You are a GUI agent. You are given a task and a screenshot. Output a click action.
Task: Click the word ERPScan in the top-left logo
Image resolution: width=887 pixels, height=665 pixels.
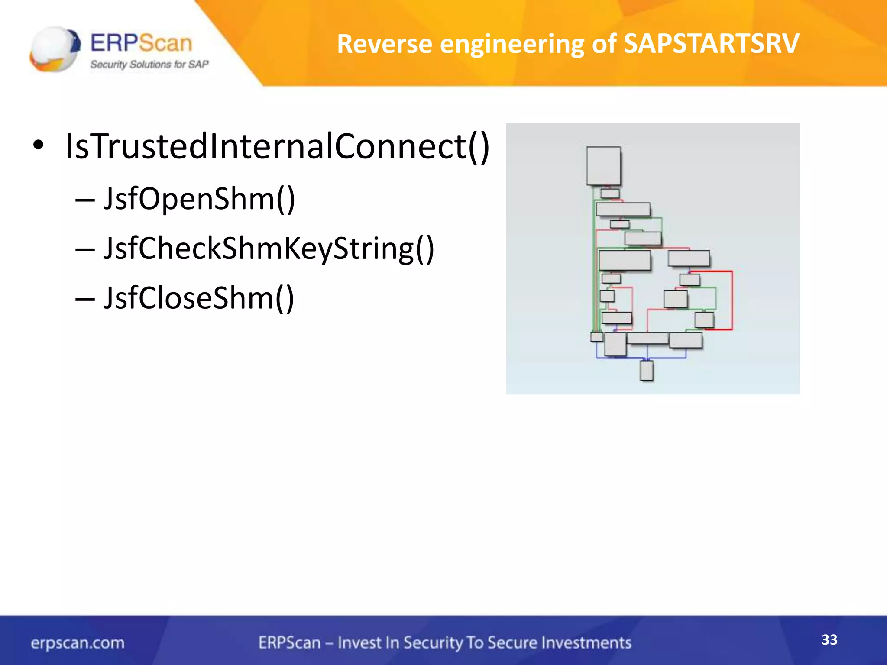pos(141,43)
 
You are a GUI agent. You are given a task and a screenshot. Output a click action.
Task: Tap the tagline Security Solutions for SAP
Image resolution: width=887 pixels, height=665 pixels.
pos(149,65)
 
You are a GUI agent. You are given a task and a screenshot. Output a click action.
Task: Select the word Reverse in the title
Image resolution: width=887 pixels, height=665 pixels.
pos(384,44)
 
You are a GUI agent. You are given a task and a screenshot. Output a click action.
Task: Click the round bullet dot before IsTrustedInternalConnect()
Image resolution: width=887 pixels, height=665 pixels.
pos(38,146)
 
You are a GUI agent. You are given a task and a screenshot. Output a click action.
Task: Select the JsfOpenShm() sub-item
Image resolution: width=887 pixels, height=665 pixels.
pos(199,199)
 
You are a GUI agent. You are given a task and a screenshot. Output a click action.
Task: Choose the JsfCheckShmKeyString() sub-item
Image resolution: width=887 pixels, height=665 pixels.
pos(269,249)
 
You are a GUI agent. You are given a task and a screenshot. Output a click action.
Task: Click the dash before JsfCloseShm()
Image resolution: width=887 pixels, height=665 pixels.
pos(84,299)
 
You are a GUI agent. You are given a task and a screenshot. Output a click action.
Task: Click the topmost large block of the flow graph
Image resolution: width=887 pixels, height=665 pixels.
pos(603,166)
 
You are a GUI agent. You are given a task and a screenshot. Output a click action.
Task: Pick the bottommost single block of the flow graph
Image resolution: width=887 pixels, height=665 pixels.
pos(646,370)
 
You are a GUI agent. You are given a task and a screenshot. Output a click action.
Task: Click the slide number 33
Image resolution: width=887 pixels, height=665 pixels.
pos(829,639)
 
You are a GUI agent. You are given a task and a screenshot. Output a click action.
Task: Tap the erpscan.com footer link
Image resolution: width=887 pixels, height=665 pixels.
pos(78,643)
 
